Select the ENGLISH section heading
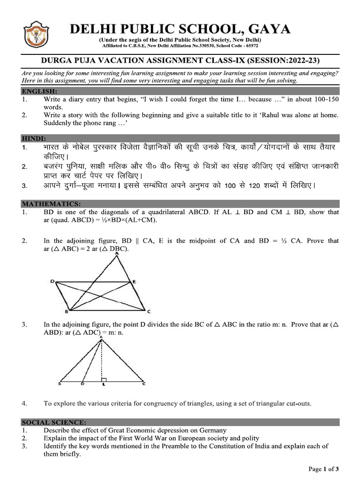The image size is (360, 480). click(x=39, y=91)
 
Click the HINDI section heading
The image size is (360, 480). click(x=34, y=139)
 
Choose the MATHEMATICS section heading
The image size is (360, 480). click(x=51, y=203)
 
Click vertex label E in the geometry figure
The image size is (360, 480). click(x=134, y=281)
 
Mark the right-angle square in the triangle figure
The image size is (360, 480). click(x=104, y=379)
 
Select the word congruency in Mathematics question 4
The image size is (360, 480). click(x=151, y=403)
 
